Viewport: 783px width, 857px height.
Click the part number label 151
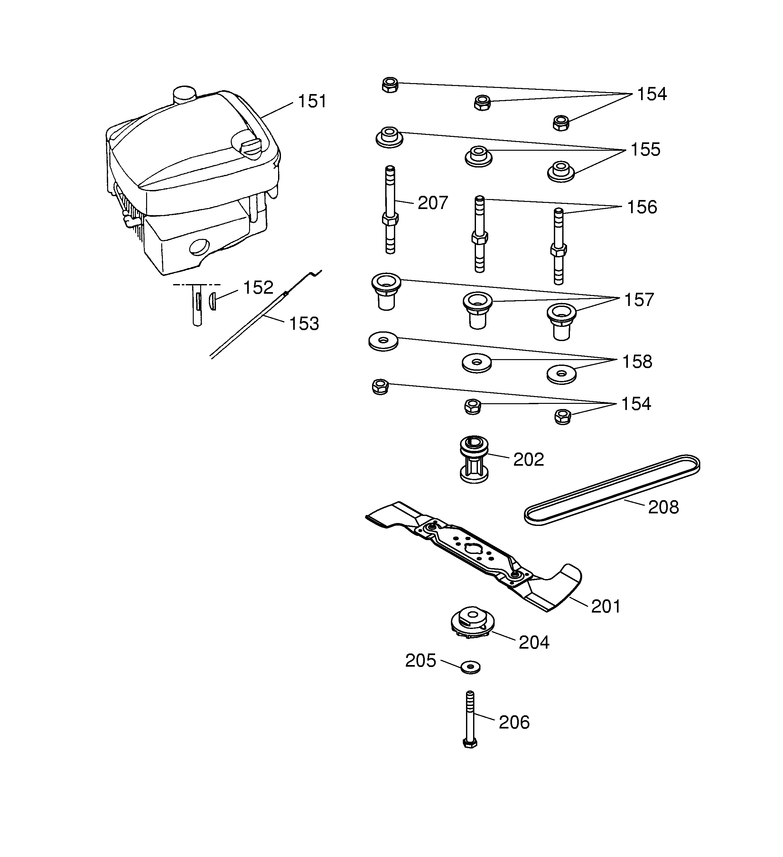tap(312, 101)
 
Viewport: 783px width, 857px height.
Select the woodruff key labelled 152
tap(213, 301)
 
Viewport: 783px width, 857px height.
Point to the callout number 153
tap(304, 324)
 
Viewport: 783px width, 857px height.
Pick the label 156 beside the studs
tap(642, 207)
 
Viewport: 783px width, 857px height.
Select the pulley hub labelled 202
tap(474, 460)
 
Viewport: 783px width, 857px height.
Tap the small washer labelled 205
tap(470, 667)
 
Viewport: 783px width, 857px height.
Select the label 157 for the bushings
tap(639, 300)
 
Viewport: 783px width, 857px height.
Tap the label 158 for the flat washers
tap(637, 362)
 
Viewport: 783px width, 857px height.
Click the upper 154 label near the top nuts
tap(652, 94)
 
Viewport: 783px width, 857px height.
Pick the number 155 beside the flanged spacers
tap(645, 150)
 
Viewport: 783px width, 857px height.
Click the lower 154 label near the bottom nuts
tap(636, 404)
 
